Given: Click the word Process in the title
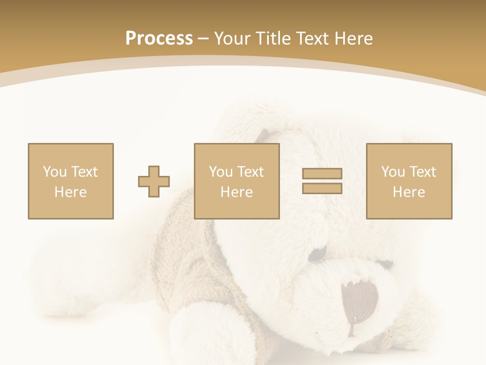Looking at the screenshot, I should click(x=159, y=39).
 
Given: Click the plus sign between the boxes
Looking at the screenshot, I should click(x=154, y=181).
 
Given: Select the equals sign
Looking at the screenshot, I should click(x=322, y=181).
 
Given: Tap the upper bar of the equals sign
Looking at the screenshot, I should click(x=322, y=174).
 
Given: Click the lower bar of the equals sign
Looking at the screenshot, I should click(x=322, y=188).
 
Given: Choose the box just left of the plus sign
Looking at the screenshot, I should click(x=71, y=181).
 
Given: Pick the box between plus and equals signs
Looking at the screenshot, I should click(x=237, y=181).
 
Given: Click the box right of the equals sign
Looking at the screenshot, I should click(x=409, y=181).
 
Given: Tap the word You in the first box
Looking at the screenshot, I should click(x=54, y=172).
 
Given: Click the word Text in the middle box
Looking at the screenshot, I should click(x=250, y=172).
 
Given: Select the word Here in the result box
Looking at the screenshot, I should click(x=409, y=192).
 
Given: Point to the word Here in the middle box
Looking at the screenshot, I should click(x=237, y=192).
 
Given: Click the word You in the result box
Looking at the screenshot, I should click(x=393, y=172).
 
